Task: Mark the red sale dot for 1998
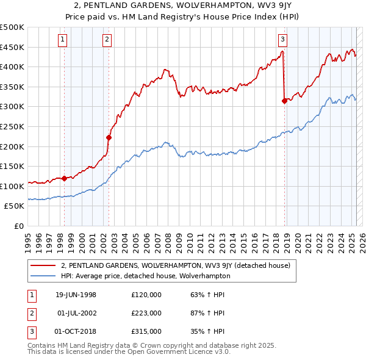(65, 178)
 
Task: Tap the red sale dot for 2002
(109, 137)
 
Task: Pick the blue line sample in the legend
(43, 276)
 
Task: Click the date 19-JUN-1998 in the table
(76, 294)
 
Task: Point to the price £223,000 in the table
(146, 313)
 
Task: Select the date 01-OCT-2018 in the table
(76, 332)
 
